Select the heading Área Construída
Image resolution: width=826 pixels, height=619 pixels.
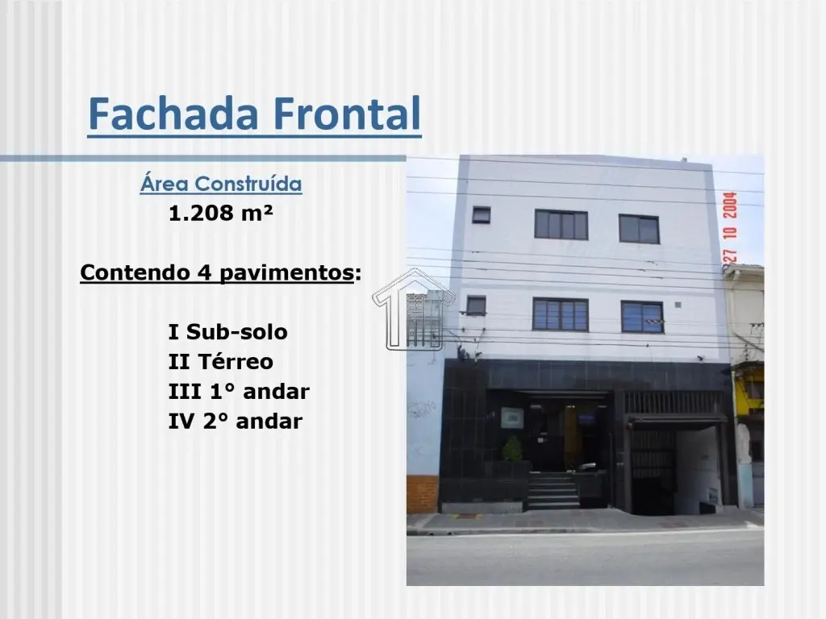221,184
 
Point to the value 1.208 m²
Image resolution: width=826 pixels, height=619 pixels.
221,213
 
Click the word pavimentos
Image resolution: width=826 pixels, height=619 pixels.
286,272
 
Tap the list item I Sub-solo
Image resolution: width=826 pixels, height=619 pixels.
227,332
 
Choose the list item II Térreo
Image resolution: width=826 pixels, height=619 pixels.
221,362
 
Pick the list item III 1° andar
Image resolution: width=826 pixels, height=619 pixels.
239,392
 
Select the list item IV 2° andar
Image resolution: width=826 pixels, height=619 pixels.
235,421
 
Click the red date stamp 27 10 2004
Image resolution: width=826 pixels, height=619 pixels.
729,227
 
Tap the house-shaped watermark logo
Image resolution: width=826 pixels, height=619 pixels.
414,309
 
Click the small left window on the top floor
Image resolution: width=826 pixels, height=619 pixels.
481,214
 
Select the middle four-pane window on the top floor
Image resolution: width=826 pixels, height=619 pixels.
561,225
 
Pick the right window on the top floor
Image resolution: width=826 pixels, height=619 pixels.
639,229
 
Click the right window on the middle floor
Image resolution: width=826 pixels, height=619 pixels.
642,317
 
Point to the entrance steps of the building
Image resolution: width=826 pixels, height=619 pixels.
553,491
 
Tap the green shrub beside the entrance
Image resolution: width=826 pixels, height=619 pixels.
512,448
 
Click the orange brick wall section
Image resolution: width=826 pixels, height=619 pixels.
423,494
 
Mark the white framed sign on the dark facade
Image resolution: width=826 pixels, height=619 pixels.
512,418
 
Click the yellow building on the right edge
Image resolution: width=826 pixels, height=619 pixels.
749,389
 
